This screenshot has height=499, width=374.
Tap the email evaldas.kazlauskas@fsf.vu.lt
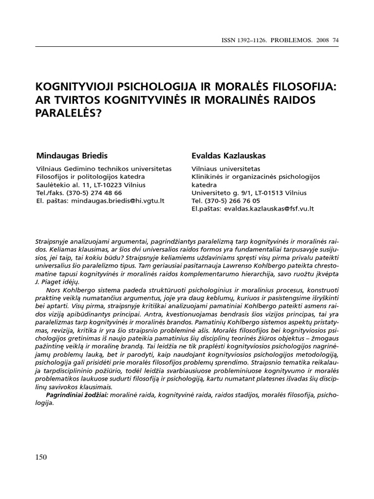point(269,208)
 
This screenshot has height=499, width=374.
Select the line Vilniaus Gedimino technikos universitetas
point(104,168)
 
